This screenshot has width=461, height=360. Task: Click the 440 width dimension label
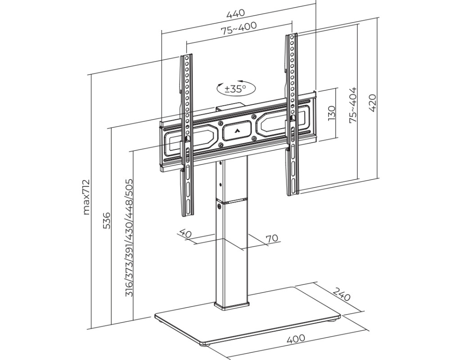click(235, 13)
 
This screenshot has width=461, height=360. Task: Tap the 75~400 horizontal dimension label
click(239, 28)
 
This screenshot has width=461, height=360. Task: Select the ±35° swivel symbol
click(236, 88)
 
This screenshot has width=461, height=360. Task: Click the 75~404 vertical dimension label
click(353, 104)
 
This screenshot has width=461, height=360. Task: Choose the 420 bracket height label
click(372, 103)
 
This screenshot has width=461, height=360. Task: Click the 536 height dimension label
click(107, 220)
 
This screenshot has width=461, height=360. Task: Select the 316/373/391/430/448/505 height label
click(129, 238)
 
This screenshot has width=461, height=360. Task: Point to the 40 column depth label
click(185, 234)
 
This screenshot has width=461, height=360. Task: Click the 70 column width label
click(272, 238)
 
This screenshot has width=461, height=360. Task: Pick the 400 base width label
click(295, 338)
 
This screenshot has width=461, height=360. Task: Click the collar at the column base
click(232, 306)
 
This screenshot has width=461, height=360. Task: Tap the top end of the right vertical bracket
click(291, 35)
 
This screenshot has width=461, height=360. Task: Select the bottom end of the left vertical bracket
click(187, 215)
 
